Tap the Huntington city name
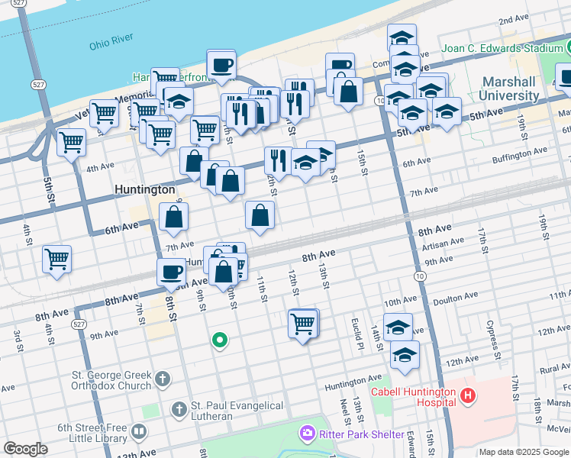pyautogui.click(x=144, y=189)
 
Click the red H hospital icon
pyautogui.click(x=468, y=396)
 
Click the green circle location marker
pyautogui.click(x=220, y=340)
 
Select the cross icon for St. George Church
pyautogui.click(x=162, y=379)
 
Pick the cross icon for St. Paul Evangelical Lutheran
pyautogui.click(x=178, y=410)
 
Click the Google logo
pyautogui.click(x=25, y=449)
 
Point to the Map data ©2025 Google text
pyautogui.click(x=524, y=452)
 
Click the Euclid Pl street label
pyautogui.click(x=356, y=328)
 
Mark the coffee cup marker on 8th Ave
pyautogui.click(x=171, y=271)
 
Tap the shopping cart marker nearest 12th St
pyautogui.click(x=303, y=324)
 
